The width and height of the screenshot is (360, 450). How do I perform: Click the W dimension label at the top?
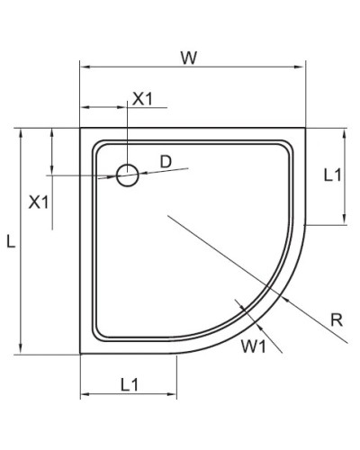tap(188, 58)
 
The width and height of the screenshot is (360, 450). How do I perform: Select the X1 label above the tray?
tap(143, 99)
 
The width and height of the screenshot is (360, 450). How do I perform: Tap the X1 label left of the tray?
tap(39, 202)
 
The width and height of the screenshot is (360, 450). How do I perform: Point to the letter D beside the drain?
tap(165, 161)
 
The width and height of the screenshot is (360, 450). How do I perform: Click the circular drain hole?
tap(128, 175)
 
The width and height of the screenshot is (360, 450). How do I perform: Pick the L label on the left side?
tap(10, 241)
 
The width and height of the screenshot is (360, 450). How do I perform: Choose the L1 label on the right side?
tap(331, 175)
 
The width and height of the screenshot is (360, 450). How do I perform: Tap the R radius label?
tap(335, 319)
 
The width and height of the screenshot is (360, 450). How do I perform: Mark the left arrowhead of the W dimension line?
tap(84, 67)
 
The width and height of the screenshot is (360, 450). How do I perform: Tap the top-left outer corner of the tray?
tap(81, 128)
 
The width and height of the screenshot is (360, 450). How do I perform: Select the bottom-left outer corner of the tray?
tap(81, 353)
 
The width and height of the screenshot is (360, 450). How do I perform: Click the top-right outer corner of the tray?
tap(305, 128)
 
